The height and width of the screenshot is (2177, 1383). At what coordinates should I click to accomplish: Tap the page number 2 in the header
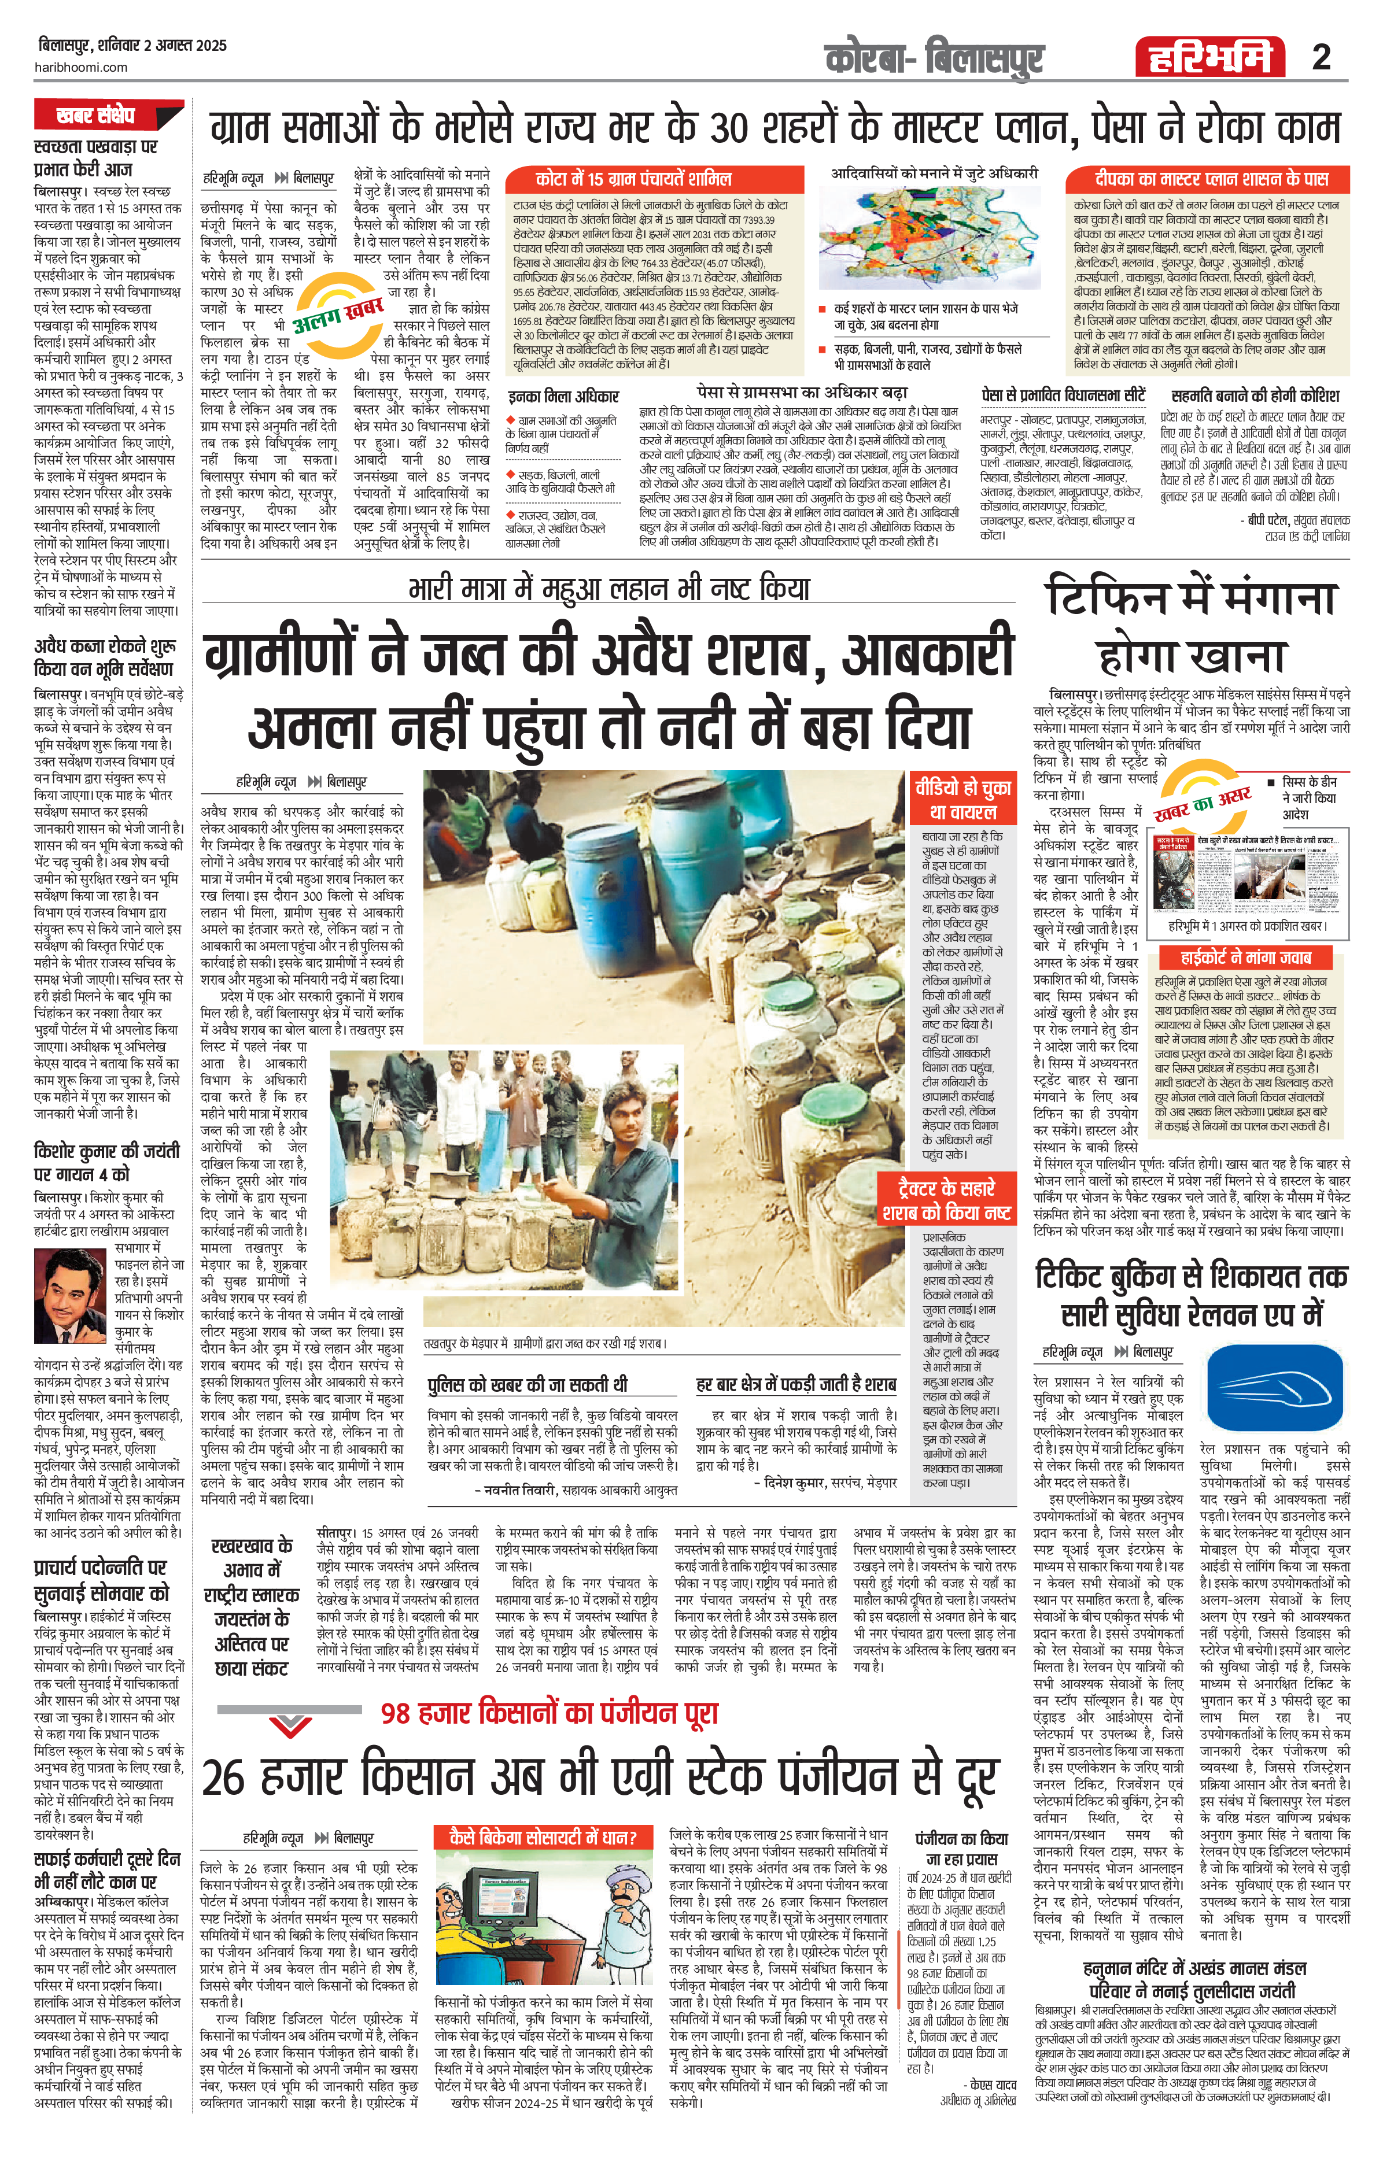tap(1322, 59)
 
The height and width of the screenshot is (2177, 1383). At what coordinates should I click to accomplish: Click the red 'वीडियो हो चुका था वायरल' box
tap(961, 799)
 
